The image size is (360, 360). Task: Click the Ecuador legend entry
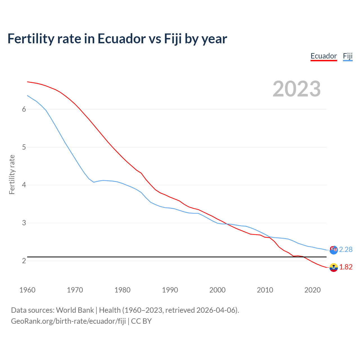(323, 56)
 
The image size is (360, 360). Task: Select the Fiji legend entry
(348, 56)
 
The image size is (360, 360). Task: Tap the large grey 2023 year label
(297, 89)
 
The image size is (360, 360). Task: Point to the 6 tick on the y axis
(24, 109)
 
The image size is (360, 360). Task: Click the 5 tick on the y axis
(24, 147)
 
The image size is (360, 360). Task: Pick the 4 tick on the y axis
(24, 185)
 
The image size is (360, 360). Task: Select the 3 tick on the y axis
(24, 223)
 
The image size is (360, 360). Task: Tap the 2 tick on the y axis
(24, 261)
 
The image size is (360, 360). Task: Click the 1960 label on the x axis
(27, 290)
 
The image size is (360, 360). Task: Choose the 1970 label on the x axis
(75, 290)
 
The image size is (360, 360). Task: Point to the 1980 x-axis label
(122, 290)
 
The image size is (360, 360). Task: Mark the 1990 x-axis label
(170, 290)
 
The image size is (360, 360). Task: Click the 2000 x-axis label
(217, 290)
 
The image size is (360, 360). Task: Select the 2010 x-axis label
(265, 290)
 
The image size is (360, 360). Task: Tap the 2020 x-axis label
(312, 290)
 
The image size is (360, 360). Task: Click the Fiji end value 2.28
(346, 250)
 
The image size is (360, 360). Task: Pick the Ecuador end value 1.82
(346, 267)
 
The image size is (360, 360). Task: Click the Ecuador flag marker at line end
(334, 268)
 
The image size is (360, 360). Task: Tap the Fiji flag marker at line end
(334, 250)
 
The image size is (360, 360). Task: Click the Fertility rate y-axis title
(12, 174)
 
